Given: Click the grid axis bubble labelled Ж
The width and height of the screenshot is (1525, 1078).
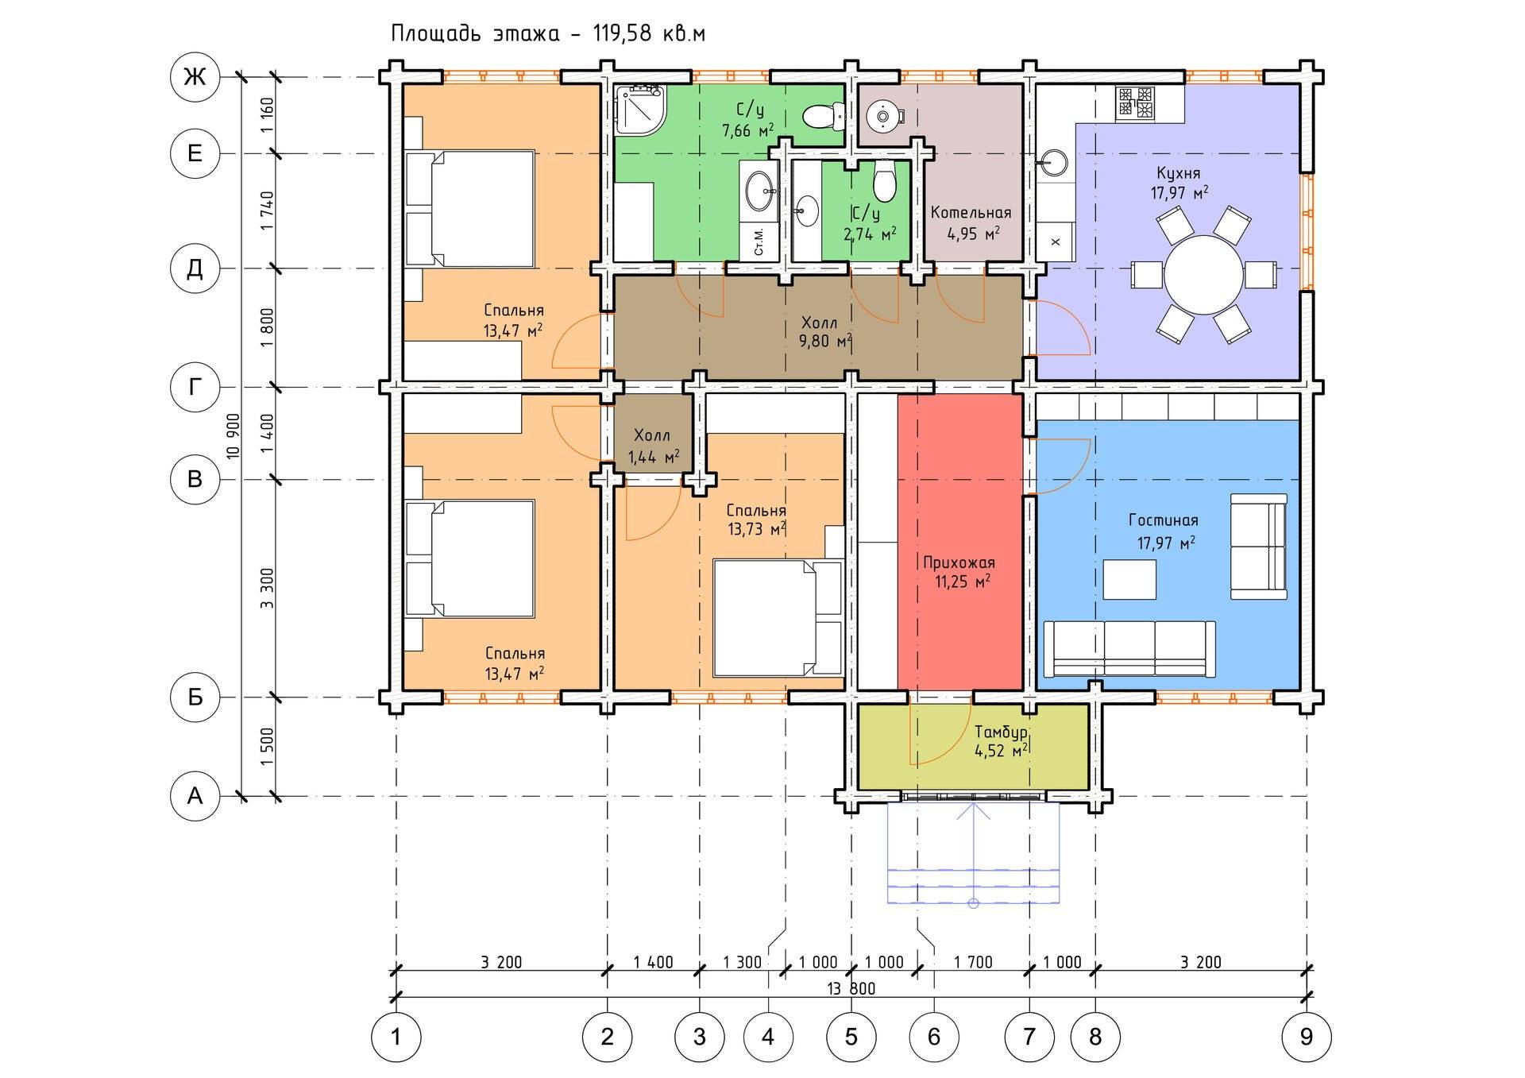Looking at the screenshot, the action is click(195, 77).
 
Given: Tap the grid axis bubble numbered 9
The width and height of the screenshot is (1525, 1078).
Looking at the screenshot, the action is click(1307, 1036).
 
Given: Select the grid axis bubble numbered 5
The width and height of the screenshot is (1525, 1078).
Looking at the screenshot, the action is click(851, 1036).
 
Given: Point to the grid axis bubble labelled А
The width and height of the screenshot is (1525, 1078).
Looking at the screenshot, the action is click(195, 796).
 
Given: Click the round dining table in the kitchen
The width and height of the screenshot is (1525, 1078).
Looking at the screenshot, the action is click(1203, 276).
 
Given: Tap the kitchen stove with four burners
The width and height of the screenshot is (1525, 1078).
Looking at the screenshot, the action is click(1135, 103).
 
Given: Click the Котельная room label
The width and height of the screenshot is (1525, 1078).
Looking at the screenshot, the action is click(971, 213).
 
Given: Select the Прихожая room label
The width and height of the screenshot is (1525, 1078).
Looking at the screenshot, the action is click(959, 562).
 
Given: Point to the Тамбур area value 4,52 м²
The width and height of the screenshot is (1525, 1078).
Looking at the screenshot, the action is click(1002, 750).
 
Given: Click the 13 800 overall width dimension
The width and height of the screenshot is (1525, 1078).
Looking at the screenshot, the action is click(851, 988).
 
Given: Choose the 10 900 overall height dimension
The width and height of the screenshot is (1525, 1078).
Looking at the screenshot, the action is click(233, 437).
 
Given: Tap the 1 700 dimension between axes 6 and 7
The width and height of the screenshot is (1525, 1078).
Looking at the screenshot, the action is click(973, 962).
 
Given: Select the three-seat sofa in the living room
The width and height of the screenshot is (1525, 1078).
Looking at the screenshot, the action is click(1129, 648).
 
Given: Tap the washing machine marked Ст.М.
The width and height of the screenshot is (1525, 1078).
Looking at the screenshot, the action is click(759, 241).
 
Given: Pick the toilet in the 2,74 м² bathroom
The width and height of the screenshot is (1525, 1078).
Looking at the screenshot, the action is click(884, 181).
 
